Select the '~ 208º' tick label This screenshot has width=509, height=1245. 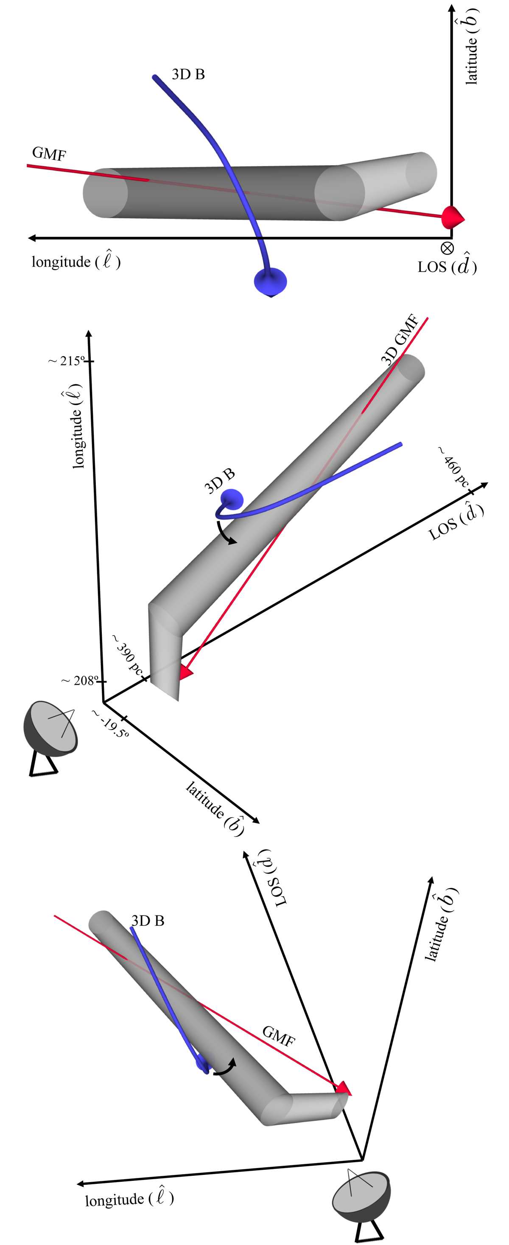click(80, 681)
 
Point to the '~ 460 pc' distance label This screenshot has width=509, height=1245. click(454, 467)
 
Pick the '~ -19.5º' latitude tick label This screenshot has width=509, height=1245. click(111, 724)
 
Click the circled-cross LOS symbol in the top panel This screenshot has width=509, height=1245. click(447, 248)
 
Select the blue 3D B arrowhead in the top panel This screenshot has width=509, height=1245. click(271, 282)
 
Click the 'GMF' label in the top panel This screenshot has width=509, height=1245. click(49, 154)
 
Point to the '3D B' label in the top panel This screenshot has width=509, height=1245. click(188, 74)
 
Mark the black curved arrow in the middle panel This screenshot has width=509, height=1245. click(226, 532)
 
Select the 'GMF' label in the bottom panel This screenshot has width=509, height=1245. click(279, 1036)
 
